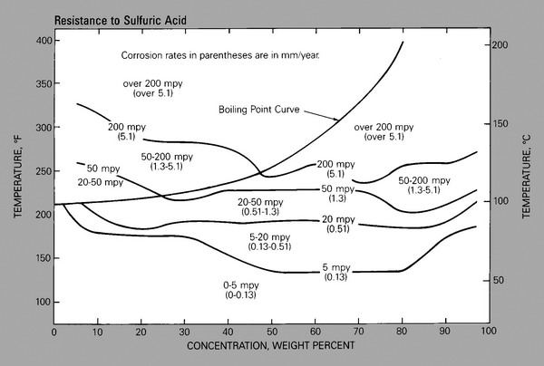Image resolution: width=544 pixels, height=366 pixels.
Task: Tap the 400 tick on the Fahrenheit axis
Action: (41, 42)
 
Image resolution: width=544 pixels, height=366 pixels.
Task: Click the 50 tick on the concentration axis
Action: (271, 332)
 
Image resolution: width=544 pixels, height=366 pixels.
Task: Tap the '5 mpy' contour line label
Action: (335, 266)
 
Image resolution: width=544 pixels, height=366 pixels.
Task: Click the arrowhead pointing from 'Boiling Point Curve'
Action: (339, 120)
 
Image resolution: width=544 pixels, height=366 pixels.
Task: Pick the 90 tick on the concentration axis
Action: (444, 332)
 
